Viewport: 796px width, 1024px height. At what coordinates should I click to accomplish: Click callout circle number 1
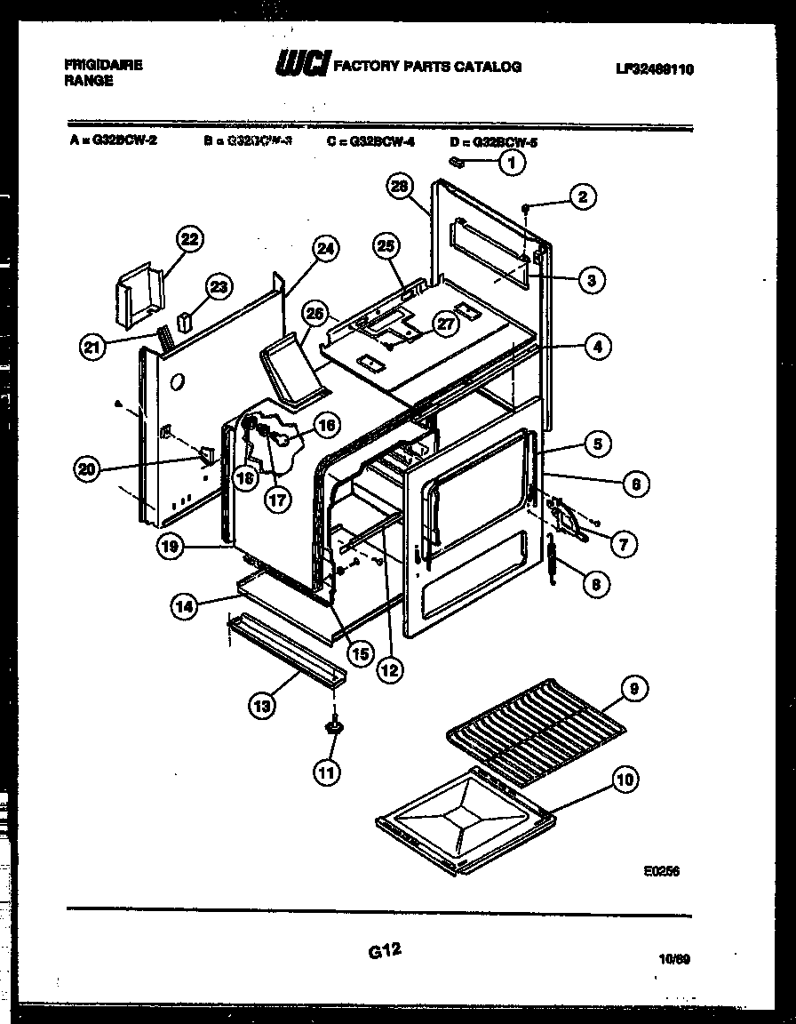510,162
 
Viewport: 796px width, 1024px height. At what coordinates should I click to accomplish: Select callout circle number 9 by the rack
634,688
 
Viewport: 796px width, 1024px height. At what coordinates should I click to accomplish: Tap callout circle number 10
625,780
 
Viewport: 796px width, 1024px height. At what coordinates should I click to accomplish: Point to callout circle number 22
189,238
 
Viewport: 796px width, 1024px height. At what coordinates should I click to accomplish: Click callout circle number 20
86,470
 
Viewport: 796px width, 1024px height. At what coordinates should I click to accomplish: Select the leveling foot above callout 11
335,728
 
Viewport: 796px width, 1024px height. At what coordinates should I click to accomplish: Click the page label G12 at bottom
384,951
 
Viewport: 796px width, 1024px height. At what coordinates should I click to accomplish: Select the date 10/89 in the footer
674,959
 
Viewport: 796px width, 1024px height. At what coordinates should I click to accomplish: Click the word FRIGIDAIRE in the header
104,66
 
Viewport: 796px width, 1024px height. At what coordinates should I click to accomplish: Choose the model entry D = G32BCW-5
495,140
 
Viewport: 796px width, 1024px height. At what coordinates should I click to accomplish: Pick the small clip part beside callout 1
458,163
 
